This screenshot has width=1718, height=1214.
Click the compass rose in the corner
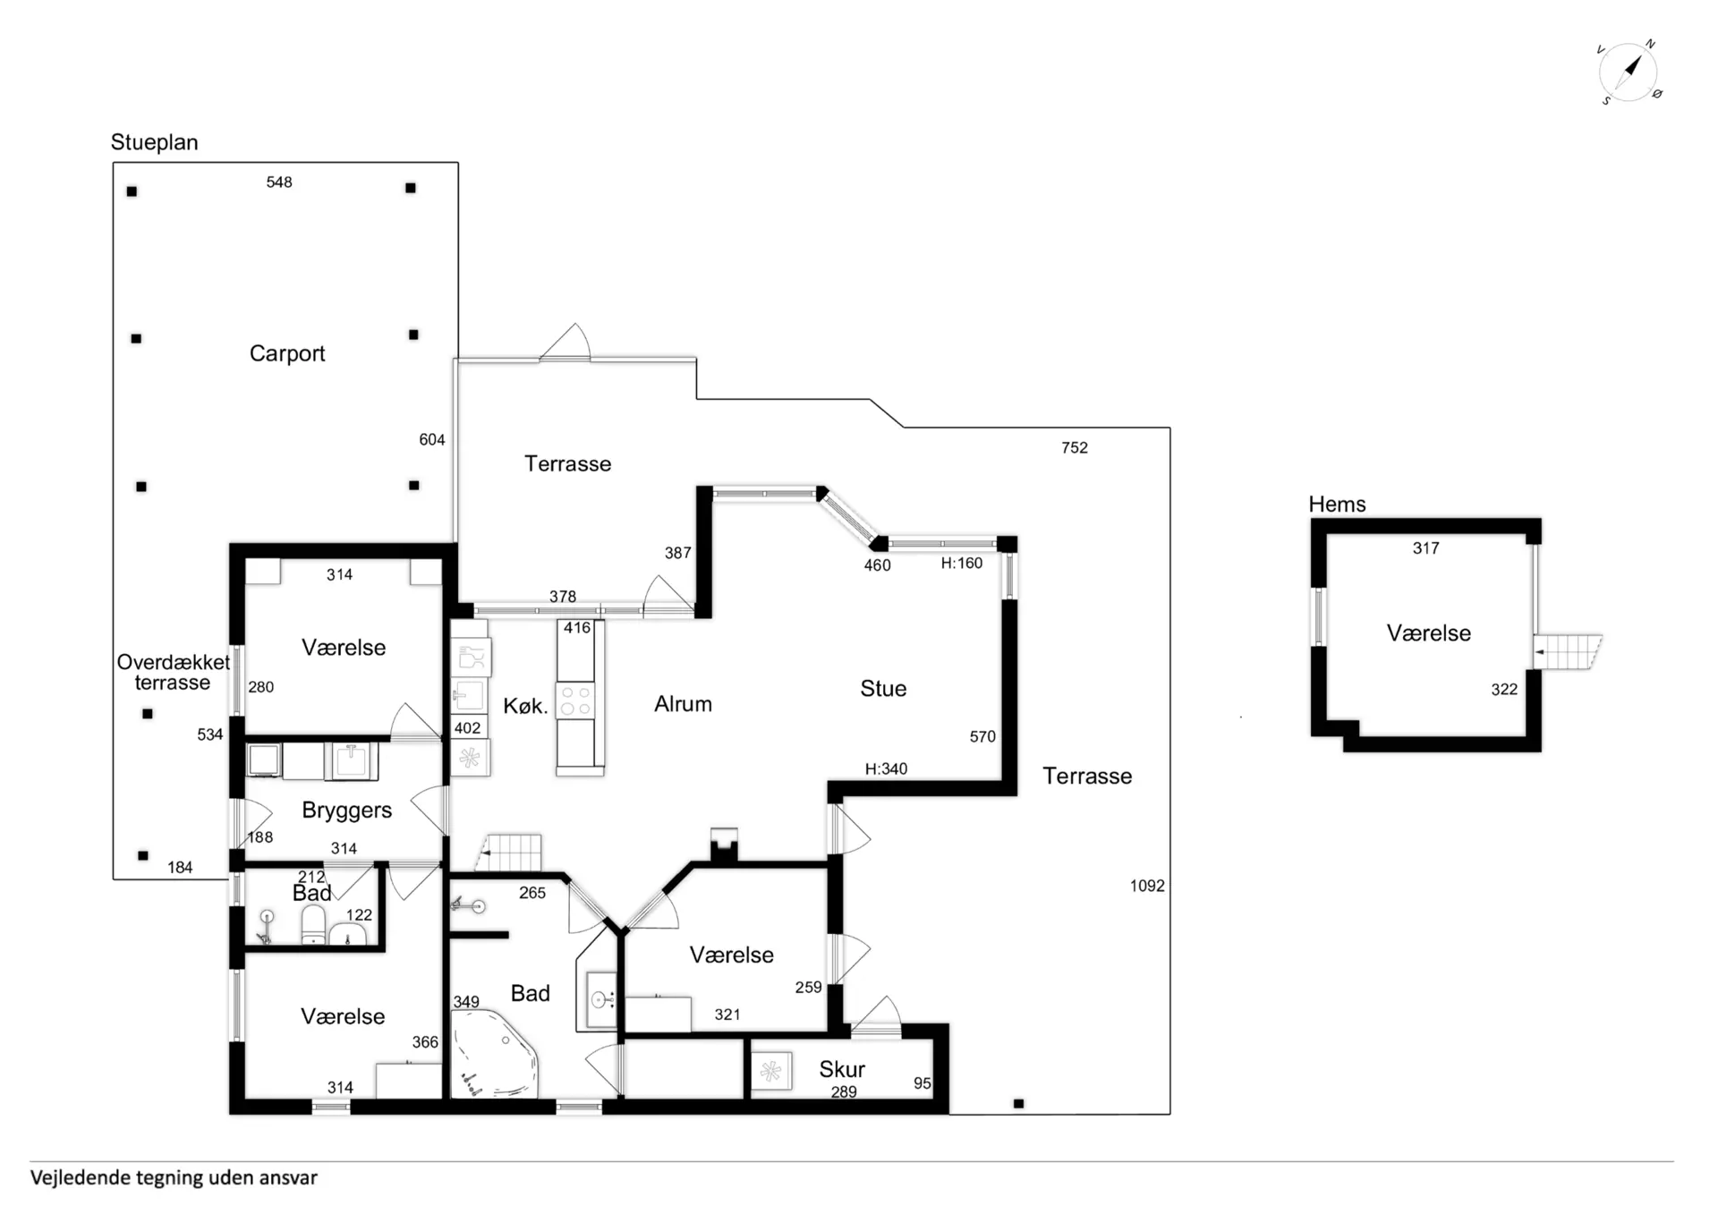[x=1629, y=72]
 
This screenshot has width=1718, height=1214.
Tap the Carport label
[x=287, y=353]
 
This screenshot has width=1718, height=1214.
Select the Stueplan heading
[x=154, y=142]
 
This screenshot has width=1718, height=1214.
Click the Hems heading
[x=1337, y=504]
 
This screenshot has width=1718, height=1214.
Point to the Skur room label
[x=842, y=1069]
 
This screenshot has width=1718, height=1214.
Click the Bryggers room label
[x=346, y=811]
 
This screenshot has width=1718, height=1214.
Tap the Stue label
[x=883, y=688]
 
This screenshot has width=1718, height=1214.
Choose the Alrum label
[x=683, y=704]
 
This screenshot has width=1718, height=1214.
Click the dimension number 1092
[x=1147, y=886]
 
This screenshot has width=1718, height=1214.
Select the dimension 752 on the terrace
[x=1075, y=447]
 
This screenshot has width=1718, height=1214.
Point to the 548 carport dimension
[x=279, y=183]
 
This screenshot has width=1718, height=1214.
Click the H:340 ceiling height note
[x=886, y=768]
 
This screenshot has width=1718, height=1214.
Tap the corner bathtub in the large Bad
[x=494, y=1055]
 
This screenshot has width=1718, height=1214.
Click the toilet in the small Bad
[x=313, y=925]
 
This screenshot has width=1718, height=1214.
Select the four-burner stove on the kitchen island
[x=575, y=701]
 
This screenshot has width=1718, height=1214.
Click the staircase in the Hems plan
[x=1567, y=651]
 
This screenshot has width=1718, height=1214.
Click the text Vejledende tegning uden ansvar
[x=174, y=1178]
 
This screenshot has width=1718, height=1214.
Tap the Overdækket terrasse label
[x=173, y=672]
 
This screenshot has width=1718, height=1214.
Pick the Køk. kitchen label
[x=525, y=706]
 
